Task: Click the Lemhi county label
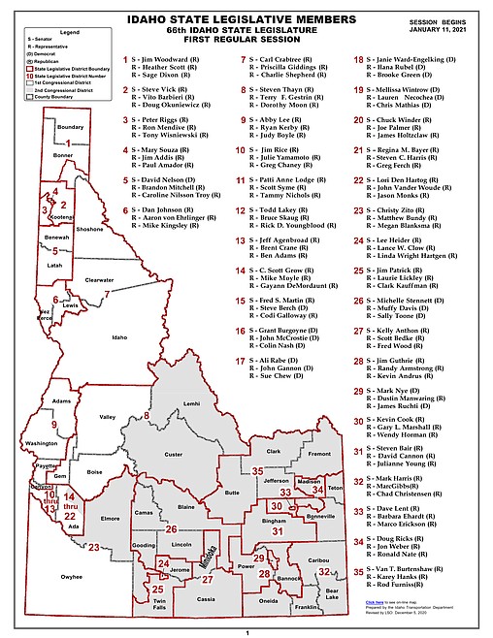tap(191, 402)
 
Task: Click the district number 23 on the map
tap(94, 548)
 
